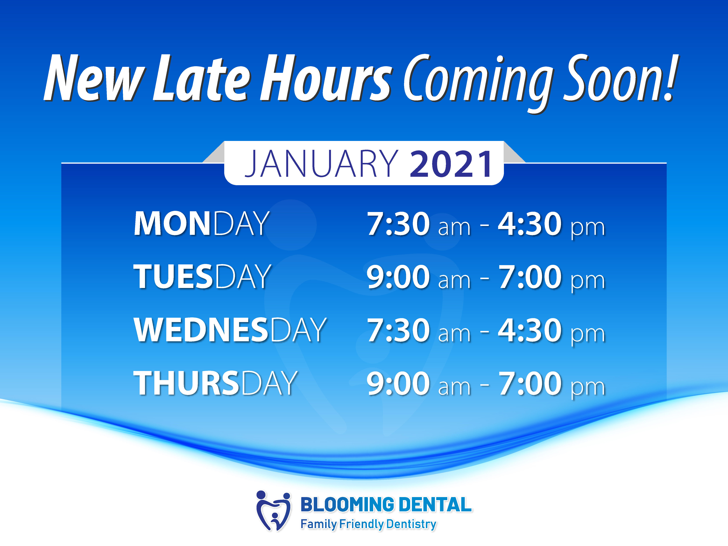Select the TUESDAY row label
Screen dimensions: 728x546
[202, 277]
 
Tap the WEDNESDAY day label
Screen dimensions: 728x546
[230, 330]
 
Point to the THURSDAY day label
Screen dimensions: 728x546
[215, 383]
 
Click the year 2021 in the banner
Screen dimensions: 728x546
[451, 164]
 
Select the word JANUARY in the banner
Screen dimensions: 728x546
[321, 164]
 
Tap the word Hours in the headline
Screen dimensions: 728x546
[326, 78]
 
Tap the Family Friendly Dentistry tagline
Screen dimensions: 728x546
[369, 524]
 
